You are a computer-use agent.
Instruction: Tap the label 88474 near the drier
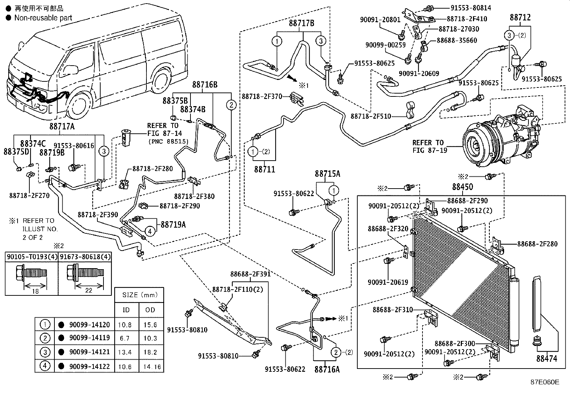(x=547, y=358)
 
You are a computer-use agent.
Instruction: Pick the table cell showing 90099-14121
(x=90, y=352)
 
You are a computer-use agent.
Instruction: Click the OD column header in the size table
(x=150, y=310)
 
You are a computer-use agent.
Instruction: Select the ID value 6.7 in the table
(x=125, y=338)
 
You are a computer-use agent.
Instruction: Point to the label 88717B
(x=301, y=23)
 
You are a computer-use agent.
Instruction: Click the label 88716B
(x=205, y=85)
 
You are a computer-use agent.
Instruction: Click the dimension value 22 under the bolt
(x=89, y=290)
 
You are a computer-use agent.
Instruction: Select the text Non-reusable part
(x=43, y=18)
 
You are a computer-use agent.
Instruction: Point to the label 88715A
(x=327, y=174)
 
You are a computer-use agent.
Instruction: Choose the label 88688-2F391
(x=250, y=274)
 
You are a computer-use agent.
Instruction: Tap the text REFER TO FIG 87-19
(x=429, y=146)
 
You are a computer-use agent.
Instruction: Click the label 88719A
(x=173, y=224)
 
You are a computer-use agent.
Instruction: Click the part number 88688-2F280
(x=537, y=244)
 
